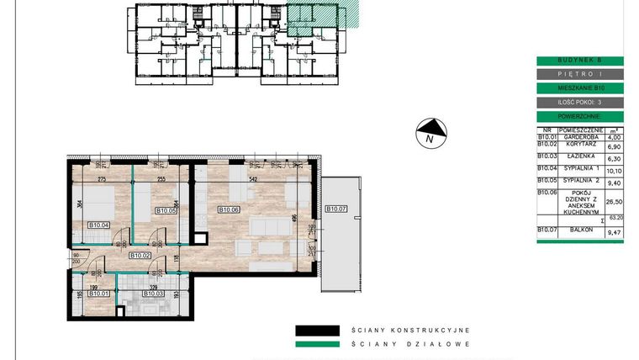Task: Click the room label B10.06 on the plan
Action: tap(230, 210)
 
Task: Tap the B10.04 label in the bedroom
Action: tap(99, 225)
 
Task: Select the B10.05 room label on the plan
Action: tap(165, 210)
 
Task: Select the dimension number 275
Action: tap(102, 179)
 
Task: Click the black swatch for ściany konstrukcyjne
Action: tap(317, 331)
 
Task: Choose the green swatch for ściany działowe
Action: tap(317, 344)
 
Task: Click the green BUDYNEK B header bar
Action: tap(579, 61)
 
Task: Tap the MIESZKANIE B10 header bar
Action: tap(579, 87)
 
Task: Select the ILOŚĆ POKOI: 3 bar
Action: tap(579, 102)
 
